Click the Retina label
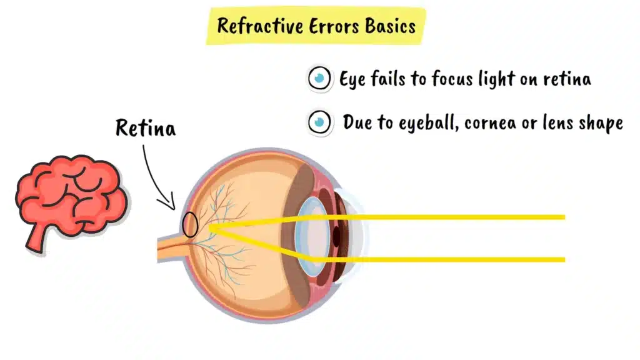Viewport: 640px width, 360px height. [x=146, y=128]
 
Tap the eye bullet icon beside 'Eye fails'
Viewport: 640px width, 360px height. [x=320, y=79]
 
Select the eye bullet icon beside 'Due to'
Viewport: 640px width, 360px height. [x=320, y=121]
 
